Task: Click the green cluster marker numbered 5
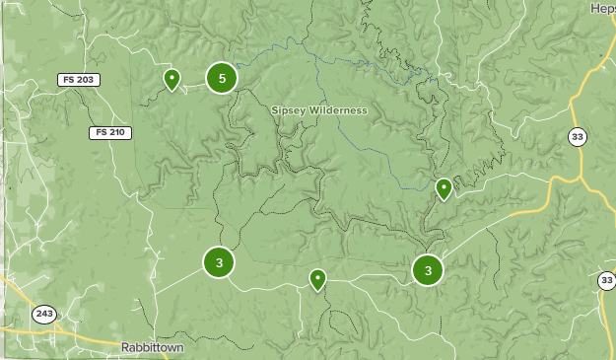tap(222, 77)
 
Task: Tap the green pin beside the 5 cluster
tap(171, 80)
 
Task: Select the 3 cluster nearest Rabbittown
tap(219, 262)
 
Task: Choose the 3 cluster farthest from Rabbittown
tap(427, 269)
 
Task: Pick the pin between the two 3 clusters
tap(317, 280)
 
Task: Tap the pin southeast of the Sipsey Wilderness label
tap(444, 188)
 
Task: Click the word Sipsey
tap(291, 110)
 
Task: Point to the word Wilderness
tap(340, 110)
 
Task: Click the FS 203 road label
tap(79, 80)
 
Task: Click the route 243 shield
tap(44, 315)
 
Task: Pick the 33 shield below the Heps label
tap(578, 137)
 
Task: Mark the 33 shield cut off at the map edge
tap(606, 281)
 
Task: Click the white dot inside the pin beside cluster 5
tap(171, 76)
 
